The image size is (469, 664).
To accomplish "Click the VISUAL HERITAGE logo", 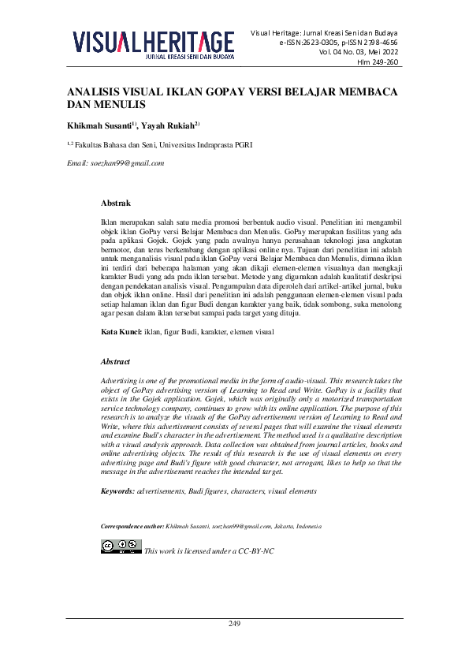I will [x=154, y=41].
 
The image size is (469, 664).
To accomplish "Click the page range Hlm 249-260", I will [x=378, y=62].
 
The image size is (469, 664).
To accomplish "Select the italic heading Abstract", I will [x=115, y=361].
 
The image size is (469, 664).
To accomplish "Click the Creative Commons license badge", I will [x=121, y=546].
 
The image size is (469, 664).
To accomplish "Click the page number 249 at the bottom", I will [x=234, y=624].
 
